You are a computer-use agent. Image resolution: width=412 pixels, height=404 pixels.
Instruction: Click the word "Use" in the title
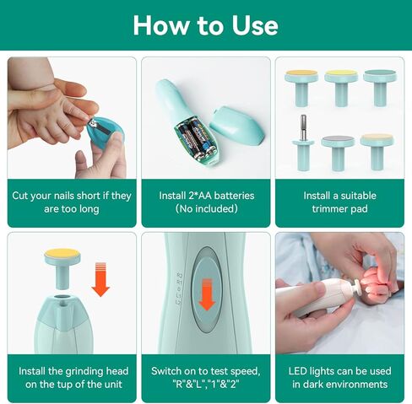pyautogui.click(x=255, y=25)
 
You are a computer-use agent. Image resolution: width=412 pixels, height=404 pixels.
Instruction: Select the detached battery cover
pyautogui.click(x=237, y=125)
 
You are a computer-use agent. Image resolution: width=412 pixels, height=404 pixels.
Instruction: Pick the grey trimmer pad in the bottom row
pyautogui.click(x=338, y=153)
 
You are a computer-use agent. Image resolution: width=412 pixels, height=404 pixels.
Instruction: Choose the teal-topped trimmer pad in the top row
pyautogui.click(x=380, y=88)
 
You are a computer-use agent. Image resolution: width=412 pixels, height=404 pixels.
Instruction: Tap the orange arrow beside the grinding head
pyautogui.click(x=100, y=279)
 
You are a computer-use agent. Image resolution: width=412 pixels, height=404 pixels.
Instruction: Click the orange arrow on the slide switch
pyautogui.click(x=207, y=294)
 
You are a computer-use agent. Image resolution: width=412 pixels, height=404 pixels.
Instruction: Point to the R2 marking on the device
pyautogui.click(x=180, y=275)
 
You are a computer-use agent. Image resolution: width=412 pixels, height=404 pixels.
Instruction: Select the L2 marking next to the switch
pyautogui.click(x=178, y=303)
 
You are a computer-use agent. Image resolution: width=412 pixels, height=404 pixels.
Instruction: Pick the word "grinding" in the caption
pyautogui.click(x=84, y=372)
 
